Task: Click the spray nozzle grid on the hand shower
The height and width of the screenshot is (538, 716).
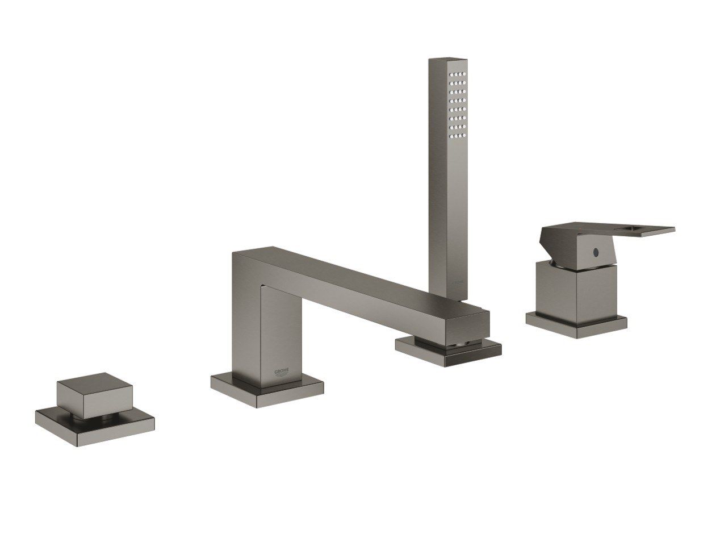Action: click(458, 105)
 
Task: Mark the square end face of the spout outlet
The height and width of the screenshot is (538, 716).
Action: click(467, 328)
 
